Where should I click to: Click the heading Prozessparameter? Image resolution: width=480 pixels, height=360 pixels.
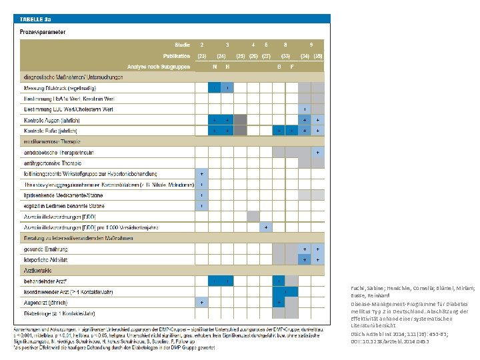43,31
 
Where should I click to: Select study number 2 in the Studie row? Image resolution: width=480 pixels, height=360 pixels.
201,44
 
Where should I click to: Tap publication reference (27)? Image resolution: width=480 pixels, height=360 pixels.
266,55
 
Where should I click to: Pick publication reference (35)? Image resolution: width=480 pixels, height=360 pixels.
318,55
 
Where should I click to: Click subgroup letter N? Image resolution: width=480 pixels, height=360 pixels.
214,67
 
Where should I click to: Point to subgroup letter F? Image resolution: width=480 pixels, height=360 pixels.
292,67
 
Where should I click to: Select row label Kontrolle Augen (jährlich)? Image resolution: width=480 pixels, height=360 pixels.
52,120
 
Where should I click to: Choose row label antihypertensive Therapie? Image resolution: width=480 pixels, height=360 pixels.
53,163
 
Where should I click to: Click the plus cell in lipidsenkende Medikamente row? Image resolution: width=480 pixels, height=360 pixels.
201,195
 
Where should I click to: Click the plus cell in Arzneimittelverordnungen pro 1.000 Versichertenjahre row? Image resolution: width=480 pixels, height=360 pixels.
266,227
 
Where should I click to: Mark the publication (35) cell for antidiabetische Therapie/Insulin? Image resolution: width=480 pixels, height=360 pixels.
318,152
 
